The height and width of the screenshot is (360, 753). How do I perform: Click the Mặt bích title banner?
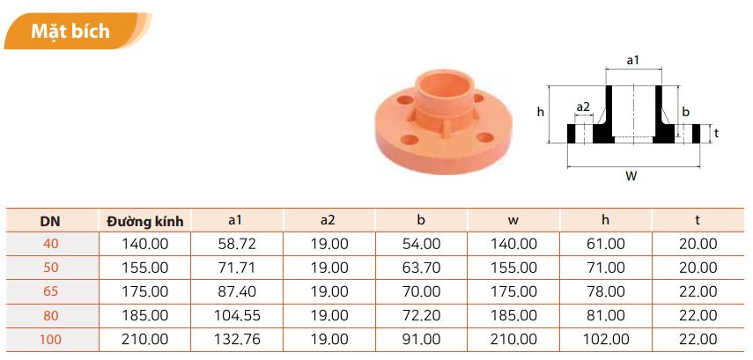coord(77,31)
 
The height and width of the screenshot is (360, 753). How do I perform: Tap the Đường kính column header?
coord(145,221)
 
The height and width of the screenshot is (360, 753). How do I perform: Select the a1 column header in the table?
coord(235,220)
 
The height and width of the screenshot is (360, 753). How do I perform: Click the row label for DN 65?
coord(51,292)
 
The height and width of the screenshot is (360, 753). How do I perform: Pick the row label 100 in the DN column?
coord(51,340)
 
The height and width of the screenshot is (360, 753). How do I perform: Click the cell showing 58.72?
coord(236,244)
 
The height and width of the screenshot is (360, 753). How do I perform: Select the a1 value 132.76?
coord(236,340)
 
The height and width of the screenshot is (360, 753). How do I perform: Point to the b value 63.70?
coord(421,268)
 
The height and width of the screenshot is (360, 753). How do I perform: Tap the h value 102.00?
coord(606,340)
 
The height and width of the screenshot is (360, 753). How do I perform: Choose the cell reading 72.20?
coord(421,316)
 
